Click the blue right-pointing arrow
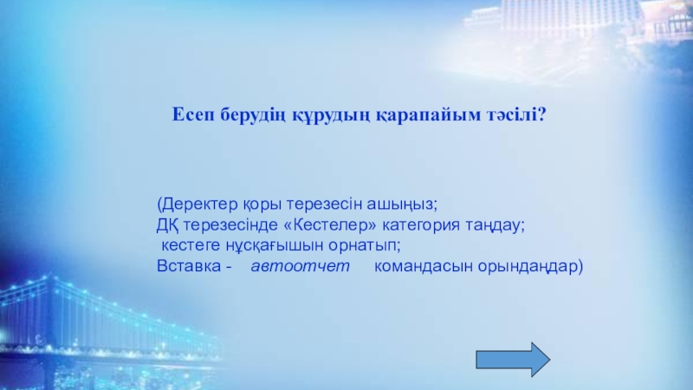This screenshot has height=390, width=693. click(513, 360)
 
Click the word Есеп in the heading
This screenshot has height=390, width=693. click(193, 115)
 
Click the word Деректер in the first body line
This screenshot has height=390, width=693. click(201, 205)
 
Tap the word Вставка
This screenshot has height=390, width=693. click(189, 266)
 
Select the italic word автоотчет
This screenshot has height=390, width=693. click(300, 266)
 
